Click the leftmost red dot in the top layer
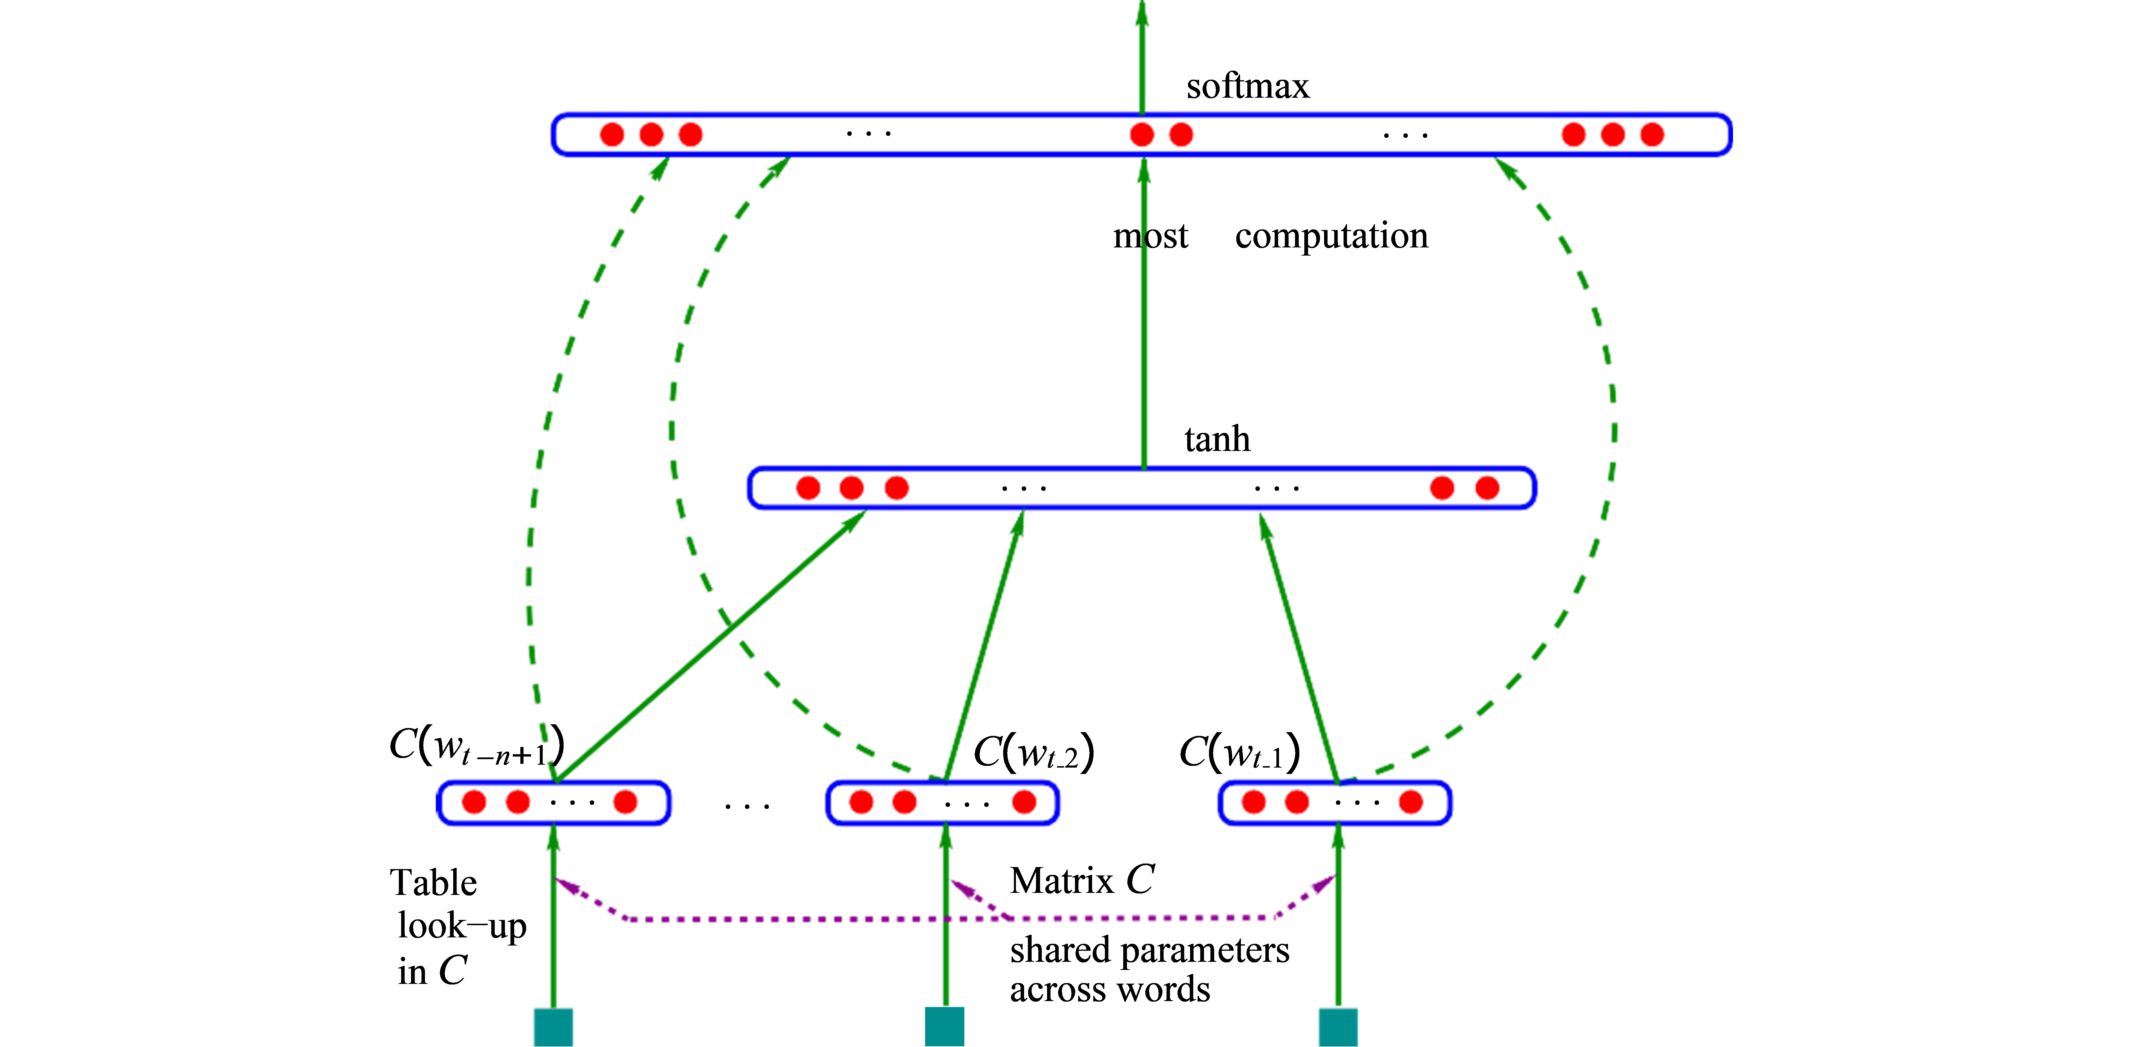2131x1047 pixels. click(x=612, y=134)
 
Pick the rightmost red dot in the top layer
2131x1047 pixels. click(x=1652, y=134)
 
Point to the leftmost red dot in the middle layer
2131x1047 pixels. click(x=808, y=488)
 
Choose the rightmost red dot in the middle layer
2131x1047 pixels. click(x=1487, y=488)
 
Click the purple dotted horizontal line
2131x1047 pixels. click(x=827, y=919)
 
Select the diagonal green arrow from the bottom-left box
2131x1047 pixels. click(x=711, y=645)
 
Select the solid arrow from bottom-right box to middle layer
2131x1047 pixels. click(x=1299, y=645)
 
